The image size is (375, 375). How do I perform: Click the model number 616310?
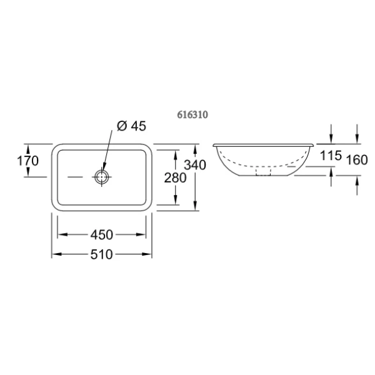192,115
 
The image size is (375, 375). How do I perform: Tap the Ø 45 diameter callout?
131,126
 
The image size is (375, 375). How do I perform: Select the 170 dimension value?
27,161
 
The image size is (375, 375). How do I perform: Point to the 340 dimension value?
195,165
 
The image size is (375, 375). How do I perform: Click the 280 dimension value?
175,177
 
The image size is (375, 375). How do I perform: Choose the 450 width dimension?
102,234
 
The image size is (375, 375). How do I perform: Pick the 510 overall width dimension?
102,254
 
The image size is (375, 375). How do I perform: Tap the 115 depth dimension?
331,156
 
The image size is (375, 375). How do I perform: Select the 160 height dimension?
357,160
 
